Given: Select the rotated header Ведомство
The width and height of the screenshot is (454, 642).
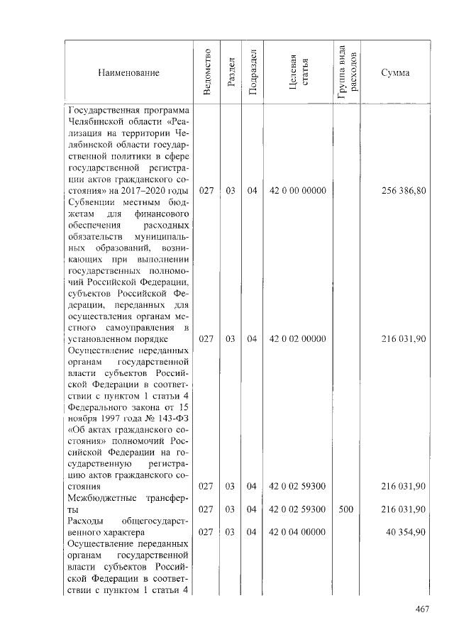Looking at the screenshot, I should (206, 72).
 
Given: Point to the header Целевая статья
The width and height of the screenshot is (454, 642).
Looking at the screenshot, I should (298, 72).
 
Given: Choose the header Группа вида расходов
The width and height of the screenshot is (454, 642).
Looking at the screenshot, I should (348, 72).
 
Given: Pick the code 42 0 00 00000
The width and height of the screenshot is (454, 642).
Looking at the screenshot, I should (298, 191).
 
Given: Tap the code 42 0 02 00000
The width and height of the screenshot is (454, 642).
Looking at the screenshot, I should (298, 339).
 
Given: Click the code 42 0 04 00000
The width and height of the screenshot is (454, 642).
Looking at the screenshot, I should (298, 532).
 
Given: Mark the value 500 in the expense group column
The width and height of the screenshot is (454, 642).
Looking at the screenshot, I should (347, 509).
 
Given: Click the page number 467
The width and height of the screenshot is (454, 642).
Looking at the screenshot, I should (423, 608).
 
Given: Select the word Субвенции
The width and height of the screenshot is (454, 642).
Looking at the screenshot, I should (91, 202).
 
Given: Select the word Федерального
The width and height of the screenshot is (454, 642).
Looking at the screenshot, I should (100, 407).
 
